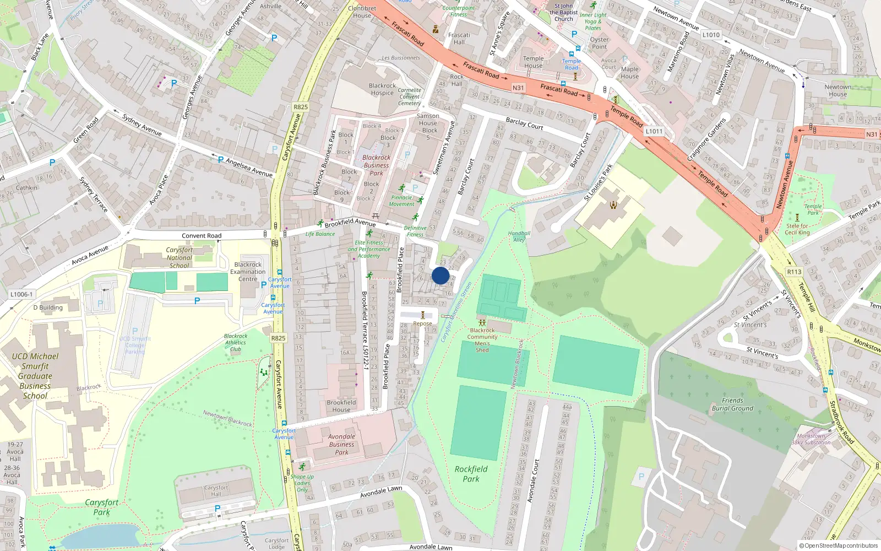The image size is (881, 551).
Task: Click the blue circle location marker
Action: coord(440,275)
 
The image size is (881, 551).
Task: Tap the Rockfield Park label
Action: coord(471,474)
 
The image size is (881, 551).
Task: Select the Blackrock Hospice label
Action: coord(382,89)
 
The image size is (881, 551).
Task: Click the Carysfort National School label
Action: coord(179,257)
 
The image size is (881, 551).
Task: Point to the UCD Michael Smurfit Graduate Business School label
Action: coord(35,376)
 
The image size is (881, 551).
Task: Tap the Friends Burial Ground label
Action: coord(732,404)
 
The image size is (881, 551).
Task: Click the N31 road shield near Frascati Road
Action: coord(518,88)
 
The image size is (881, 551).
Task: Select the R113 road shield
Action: coord(794,272)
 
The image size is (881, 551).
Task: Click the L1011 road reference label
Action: coord(654,131)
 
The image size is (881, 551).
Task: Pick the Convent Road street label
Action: coord(202,236)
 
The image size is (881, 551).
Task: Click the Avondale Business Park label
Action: coord(341,444)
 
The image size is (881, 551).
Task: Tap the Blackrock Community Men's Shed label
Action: coord(482,340)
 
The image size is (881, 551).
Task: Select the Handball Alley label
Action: coord(519,236)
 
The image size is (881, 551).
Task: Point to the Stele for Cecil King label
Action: coord(797,229)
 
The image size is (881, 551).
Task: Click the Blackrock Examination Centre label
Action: coord(248,272)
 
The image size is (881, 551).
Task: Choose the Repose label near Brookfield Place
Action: coord(422,323)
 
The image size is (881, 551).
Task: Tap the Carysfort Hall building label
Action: coord(216,490)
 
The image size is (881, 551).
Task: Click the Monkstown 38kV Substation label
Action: coord(811,439)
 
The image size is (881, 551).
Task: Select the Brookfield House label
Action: coord(341,406)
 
